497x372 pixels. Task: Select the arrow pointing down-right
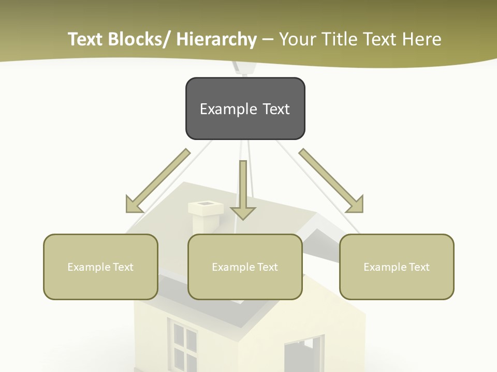(x=331, y=181)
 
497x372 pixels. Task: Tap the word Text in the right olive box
(x=418, y=267)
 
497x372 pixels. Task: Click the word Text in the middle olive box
(x=267, y=267)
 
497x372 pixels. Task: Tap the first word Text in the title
(x=86, y=39)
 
